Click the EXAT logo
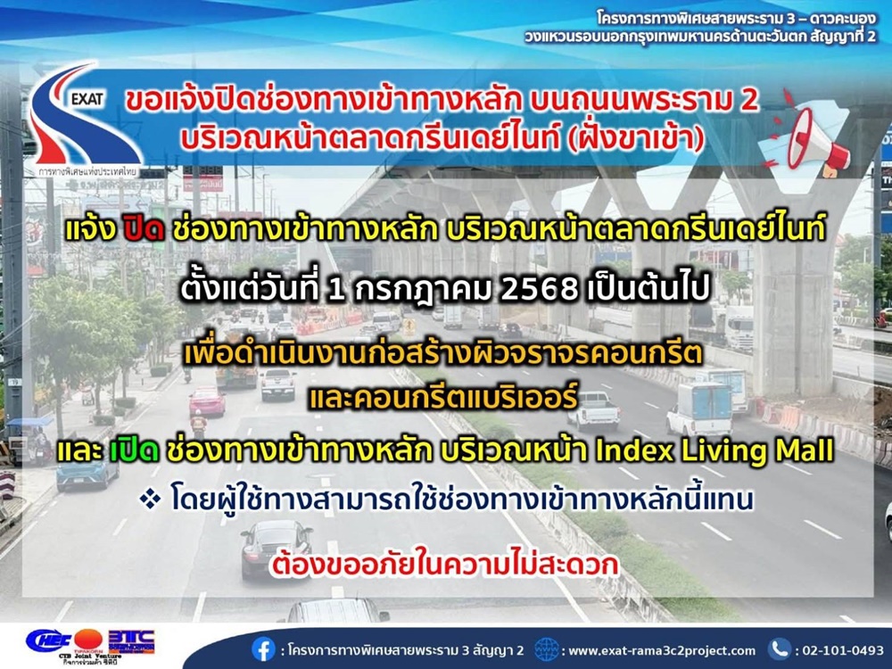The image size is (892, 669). click(86, 120)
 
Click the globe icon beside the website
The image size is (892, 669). click(546, 649)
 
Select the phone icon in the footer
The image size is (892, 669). click(780, 649)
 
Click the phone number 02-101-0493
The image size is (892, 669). click(843, 650)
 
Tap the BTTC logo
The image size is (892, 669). click(131, 641)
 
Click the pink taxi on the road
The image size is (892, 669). click(207, 401)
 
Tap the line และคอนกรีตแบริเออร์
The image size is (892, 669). click(442, 398)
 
